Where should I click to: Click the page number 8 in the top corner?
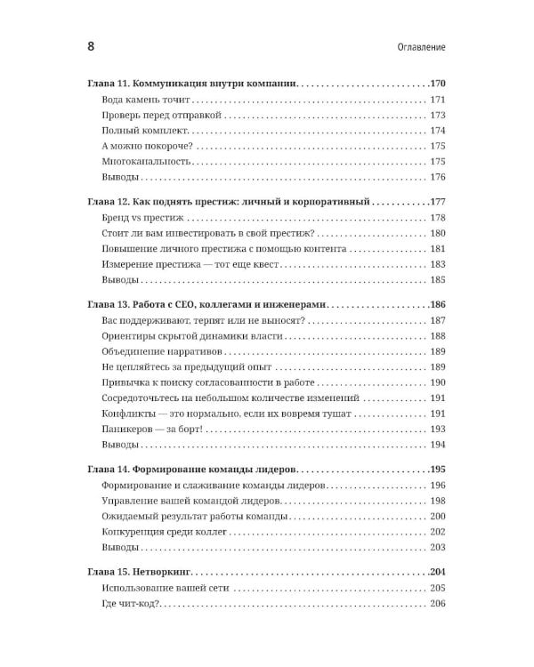pos(92,45)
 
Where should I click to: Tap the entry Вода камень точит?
pos(148,100)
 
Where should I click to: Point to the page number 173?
pos(437,116)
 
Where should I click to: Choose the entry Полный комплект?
pos(144,131)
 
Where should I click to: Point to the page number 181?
pos(437,250)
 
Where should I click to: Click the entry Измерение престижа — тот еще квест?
pos(191,265)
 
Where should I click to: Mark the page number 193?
pos(437,430)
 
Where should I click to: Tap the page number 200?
pos(437,516)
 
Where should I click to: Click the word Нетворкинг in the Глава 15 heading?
pos(165,572)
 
